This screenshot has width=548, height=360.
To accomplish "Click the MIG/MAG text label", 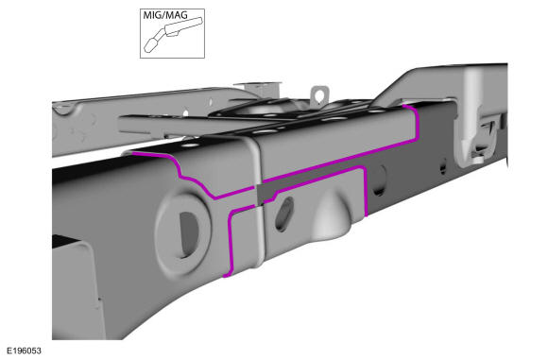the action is pos(165,15).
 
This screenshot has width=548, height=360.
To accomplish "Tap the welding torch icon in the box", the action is pos(173,34).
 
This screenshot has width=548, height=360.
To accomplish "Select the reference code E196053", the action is pos(25,351).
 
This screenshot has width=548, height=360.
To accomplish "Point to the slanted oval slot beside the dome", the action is pos(284,214).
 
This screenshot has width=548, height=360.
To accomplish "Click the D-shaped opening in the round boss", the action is pos(189,233).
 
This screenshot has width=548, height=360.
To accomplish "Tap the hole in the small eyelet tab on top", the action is pos(318,95).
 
